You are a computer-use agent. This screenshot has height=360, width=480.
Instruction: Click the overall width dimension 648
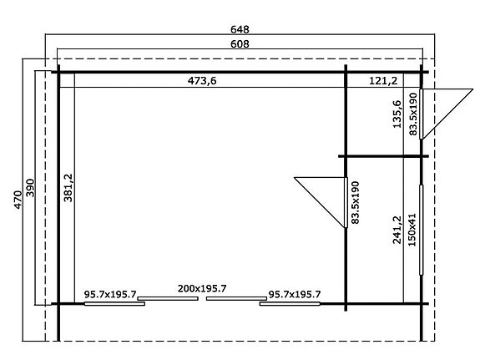(x=240, y=28)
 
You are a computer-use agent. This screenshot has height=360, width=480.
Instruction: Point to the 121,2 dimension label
(x=382, y=80)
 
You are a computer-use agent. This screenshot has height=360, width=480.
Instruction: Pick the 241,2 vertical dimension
(x=397, y=229)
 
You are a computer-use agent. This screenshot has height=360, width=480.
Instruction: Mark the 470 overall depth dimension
(x=17, y=200)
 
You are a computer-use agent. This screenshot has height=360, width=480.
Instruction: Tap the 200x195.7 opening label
(x=203, y=288)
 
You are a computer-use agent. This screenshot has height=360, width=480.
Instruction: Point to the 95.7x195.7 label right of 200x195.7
(x=295, y=294)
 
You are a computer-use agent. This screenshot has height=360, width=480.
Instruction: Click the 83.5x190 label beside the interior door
(x=355, y=202)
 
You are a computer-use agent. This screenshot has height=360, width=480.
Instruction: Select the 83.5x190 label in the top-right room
(x=412, y=114)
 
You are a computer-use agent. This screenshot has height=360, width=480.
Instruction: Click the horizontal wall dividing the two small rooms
(x=383, y=156)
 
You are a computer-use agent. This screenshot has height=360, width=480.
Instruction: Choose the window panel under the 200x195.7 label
(x=203, y=299)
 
